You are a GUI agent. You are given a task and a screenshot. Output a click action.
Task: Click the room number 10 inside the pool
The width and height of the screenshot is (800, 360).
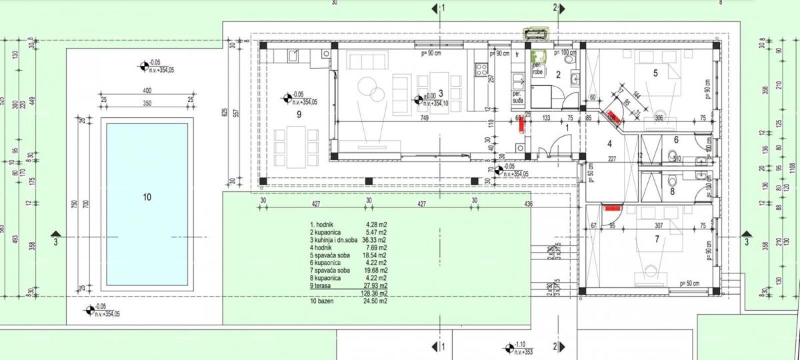[x=147, y=197]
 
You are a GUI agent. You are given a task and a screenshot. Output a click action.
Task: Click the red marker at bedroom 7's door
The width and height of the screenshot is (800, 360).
[x=611, y=207]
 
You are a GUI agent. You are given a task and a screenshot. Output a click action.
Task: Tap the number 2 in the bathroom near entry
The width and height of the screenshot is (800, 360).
[x=559, y=75]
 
